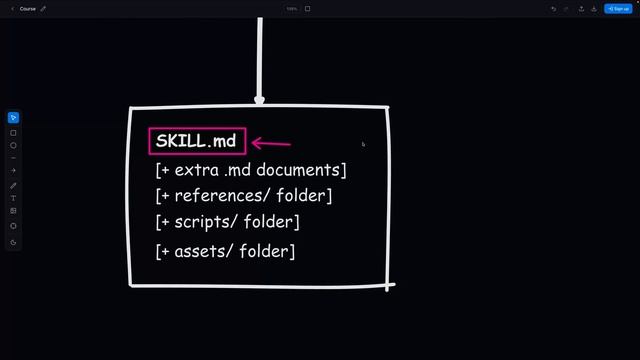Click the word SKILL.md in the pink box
click(x=196, y=141)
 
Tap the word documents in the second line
click(x=301, y=170)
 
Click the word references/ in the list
click(x=221, y=196)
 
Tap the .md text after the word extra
click(x=237, y=170)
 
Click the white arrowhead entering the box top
click(x=260, y=99)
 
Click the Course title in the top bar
click(x=28, y=8)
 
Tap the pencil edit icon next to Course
click(x=43, y=8)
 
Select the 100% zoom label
click(x=292, y=9)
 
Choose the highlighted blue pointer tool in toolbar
click(x=13, y=119)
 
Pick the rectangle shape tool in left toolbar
click(x=13, y=132)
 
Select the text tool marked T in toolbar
click(x=13, y=198)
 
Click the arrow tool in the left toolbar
click(x=13, y=171)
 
